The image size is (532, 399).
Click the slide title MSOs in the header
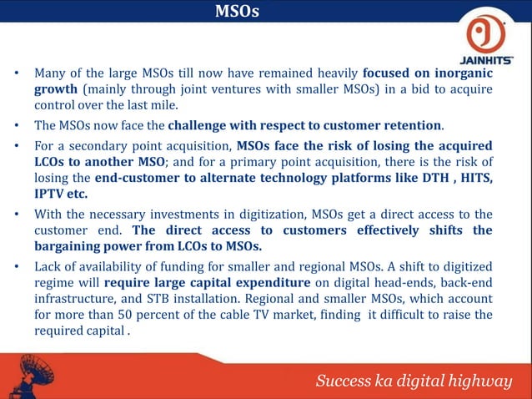point(237,12)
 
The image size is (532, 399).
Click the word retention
point(411,126)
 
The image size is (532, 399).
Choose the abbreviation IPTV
point(51,194)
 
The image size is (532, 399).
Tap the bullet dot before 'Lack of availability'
point(17,266)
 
